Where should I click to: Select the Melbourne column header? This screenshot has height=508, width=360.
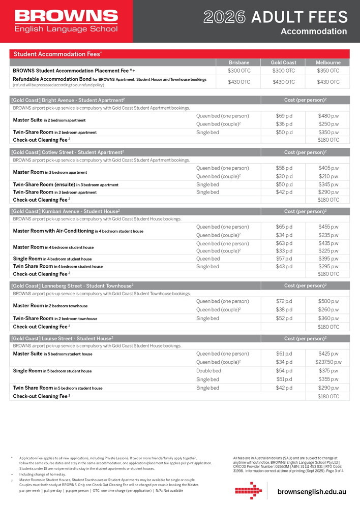pyautogui.click(x=328, y=62)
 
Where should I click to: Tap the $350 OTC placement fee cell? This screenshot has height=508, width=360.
pyautogui.click(x=328, y=71)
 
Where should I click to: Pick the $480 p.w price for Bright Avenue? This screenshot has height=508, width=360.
pyautogui.click(x=328, y=116)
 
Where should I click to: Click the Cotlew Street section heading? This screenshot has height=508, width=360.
pyautogui.click(x=68, y=152)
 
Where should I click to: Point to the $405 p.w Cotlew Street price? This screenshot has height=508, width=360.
pyautogui.click(x=328, y=168)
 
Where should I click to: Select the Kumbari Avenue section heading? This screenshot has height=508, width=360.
pyautogui.click(x=66, y=211)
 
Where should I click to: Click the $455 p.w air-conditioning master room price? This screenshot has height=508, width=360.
pyautogui.click(x=328, y=227)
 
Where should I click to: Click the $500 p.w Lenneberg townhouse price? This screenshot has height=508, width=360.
pyautogui.click(x=328, y=301)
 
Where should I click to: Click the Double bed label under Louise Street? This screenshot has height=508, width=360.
pyautogui.click(x=208, y=371)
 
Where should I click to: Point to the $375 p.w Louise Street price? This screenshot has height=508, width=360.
pyautogui.click(x=328, y=371)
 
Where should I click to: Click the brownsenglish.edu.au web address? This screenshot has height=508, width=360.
pyautogui.click(x=312, y=492)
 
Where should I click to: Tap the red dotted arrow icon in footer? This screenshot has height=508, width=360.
pyautogui.click(x=248, y=491)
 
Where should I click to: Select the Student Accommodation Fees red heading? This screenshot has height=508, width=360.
pyautogui.click(x=57, y=54)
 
